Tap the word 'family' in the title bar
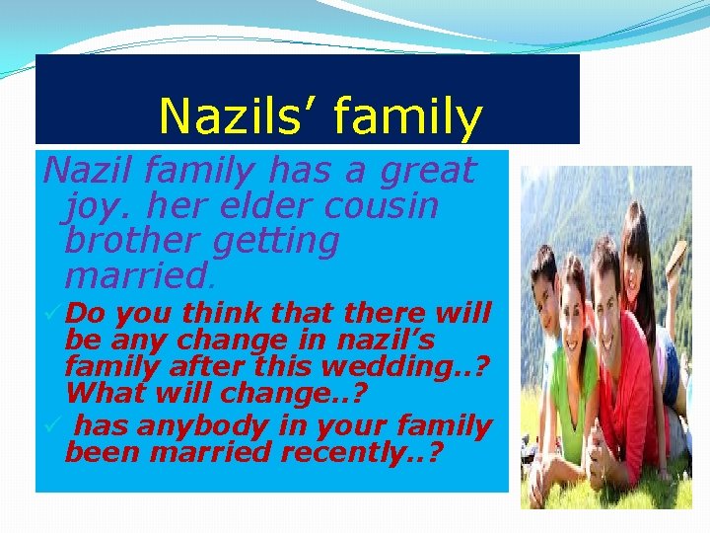(408, 118)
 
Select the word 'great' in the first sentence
(429, 172)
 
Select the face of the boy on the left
(543, 282)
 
